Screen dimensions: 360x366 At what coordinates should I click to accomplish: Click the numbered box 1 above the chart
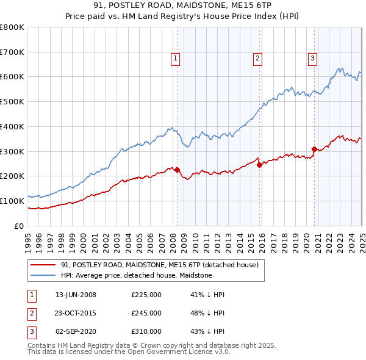175,59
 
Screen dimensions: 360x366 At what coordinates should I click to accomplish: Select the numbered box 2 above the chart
257,59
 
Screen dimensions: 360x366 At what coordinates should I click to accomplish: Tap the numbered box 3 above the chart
312,59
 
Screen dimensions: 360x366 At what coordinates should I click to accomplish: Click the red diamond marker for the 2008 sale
177,170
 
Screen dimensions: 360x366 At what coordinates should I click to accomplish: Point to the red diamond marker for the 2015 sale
259,164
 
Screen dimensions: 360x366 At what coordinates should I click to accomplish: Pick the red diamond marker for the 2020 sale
314,148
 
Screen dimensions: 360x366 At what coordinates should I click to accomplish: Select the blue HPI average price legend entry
136,276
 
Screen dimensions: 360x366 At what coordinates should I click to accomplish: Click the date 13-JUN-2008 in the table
76,295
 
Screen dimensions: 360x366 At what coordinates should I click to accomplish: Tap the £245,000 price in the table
146,313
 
